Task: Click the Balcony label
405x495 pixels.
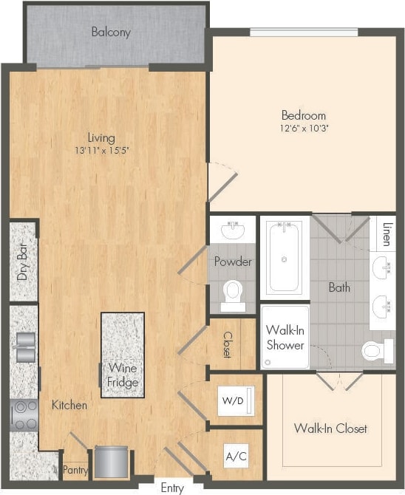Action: click(x=111, y=32)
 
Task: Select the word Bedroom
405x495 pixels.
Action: click(x=303, y=115)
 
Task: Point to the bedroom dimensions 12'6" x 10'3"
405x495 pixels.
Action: click(x=303, y=128)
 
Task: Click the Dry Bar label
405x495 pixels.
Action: click(x=22, y=262)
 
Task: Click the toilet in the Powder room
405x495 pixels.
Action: click(x=234, y=293)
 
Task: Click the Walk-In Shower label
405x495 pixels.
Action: click(x=285, y=337)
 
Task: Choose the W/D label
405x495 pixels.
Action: click(x=232, y=400)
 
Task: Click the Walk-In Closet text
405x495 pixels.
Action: click(x=330, y=428)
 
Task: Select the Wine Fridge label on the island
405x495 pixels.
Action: click(x=123, y=375)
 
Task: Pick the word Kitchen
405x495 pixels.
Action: click(x=69, y=405)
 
